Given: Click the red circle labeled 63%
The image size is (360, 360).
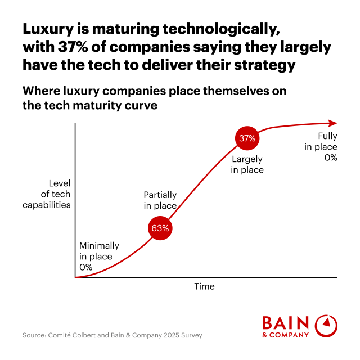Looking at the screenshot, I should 160,228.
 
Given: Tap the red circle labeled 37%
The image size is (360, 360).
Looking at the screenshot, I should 247,138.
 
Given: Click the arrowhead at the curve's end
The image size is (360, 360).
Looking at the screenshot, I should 334,123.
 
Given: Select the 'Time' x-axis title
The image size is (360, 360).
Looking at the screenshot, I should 204,286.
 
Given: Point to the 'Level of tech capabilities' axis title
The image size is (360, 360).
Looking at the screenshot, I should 47,194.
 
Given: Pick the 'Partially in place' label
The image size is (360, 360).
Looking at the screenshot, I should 160,200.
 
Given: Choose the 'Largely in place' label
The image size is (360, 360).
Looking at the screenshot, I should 247,164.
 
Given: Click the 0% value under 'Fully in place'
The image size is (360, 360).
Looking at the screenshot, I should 330,157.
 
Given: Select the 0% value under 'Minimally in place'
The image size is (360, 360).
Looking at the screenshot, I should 85,267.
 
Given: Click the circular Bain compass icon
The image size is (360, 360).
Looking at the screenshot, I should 326,326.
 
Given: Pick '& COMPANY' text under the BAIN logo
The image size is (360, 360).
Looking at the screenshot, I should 286,335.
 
